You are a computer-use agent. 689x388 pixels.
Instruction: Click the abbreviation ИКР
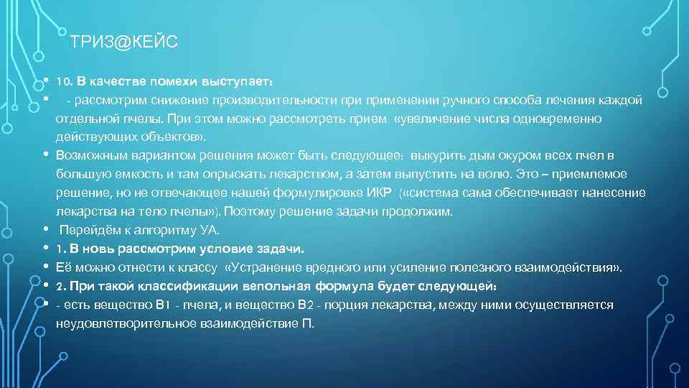(377, 193)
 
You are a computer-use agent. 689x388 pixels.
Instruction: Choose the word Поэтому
(258, 211)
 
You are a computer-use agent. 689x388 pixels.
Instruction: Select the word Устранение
(265, 267)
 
